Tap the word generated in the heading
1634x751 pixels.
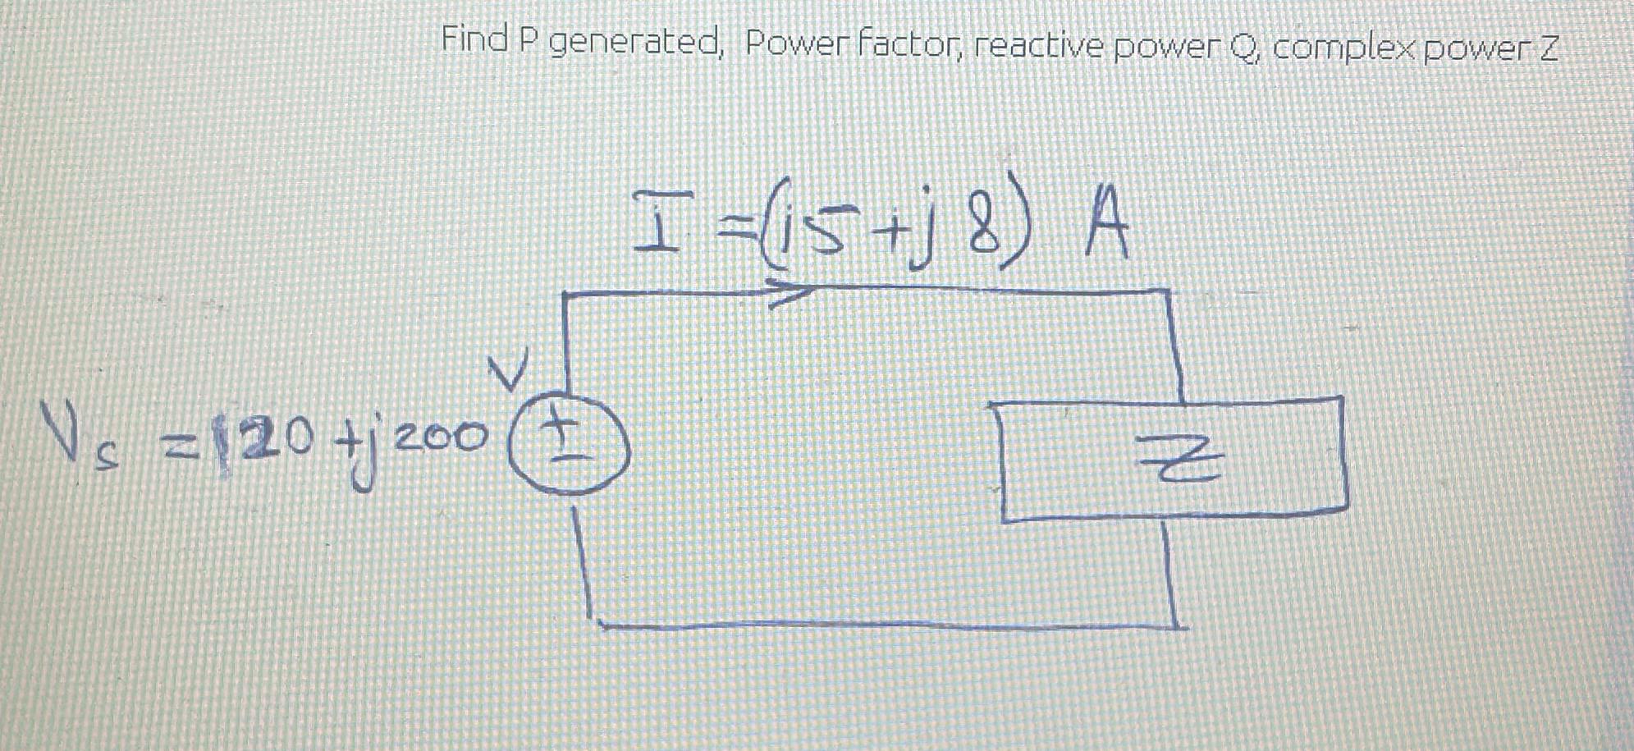634,43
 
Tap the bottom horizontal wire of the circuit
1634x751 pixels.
886,625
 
